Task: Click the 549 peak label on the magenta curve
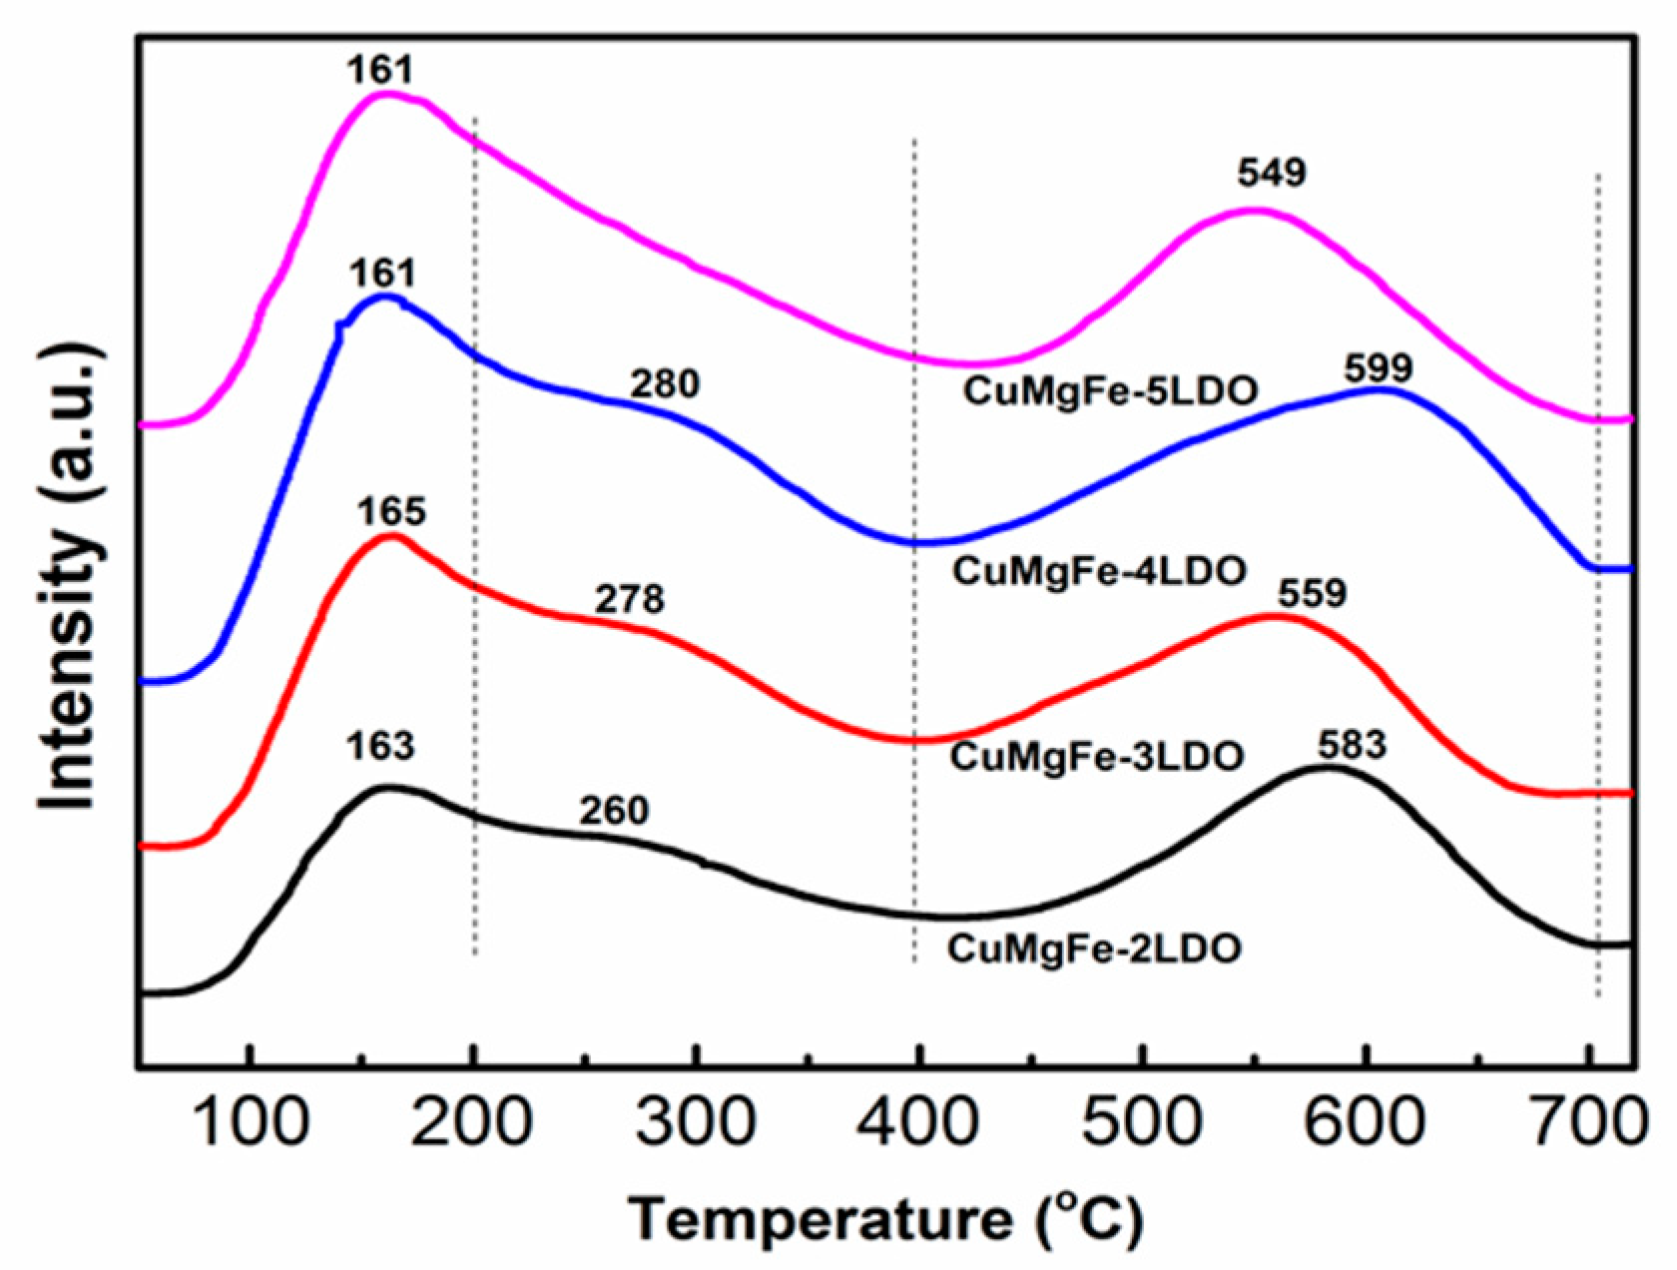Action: pyautogui.click(x=1272, y=173)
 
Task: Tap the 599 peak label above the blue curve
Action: pyautogui.click(x=1379, y=368)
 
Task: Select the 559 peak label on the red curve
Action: pyautogui.click(x=1312, y=594)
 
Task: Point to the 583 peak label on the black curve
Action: pyautogui.click(x=1353, y=745)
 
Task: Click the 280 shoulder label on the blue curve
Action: pyautogui.click(x=665, y=383)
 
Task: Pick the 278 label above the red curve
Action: pyautogui.click(x=630, y=599)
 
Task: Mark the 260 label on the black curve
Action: pyautogui.click(x=614, y=811)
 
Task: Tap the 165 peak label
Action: pyautogui.click(x=391, y=511)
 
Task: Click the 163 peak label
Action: pyautogui.click(x=380, y=746)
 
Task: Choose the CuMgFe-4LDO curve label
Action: pyautogui.click(x=1099, y=571)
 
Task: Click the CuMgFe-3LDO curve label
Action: pyautogui.click(x=1096, y=756)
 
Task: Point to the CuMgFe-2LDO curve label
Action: pyautogui.click(x=1094, y=948)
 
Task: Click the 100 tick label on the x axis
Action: pyautogui.click(x=251, y=1122)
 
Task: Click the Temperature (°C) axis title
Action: pyautogui.click(x=885, y=1219)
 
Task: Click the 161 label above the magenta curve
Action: pyautogui.click(x=379, y=70)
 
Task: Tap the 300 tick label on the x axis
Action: pyautogui.click(x=696, y=1122)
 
